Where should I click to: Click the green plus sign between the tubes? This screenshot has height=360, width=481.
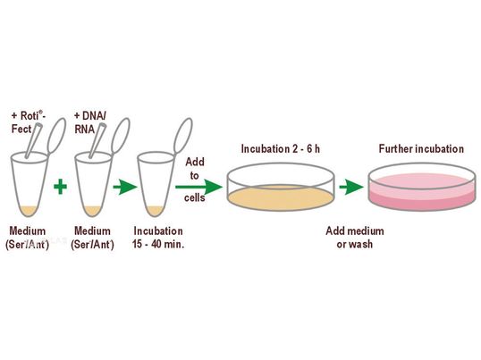(x=60, y=187)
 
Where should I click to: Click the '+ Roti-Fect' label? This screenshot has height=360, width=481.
(x=29, y=122)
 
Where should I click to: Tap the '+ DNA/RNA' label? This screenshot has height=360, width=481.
(x=90, y=122)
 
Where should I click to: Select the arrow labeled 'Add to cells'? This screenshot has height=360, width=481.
(x=198, y=187)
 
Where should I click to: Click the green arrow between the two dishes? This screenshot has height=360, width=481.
(x=351, y=187)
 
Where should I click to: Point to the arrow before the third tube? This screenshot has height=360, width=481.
(x=125, y=187)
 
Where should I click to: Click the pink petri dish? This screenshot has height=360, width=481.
(x=422, y=187)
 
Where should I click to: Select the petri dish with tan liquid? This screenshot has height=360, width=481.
(x=281, y=187)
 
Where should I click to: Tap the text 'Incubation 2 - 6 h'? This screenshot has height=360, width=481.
(x=281, y=149)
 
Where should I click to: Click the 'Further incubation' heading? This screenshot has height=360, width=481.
(x=421, y=149)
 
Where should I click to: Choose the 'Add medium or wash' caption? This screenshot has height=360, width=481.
(x=355, y=238)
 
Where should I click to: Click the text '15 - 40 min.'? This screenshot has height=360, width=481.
(x=158, y=244)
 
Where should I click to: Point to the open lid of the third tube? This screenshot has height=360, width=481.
(x=183, y=136)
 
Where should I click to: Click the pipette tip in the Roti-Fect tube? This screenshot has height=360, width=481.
(x=33, y=140)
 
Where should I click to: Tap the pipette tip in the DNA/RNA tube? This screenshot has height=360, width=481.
(x=97, y=140)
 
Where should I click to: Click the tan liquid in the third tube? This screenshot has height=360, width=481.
(x=156, y=211)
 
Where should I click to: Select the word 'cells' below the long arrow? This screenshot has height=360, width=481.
(x=195, y=197)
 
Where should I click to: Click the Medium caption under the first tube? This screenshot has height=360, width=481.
(x=28, y=238)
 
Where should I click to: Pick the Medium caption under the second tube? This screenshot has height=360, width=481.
(x=92, y=238)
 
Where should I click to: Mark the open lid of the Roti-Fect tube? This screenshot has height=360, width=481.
(x=56, y=136)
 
